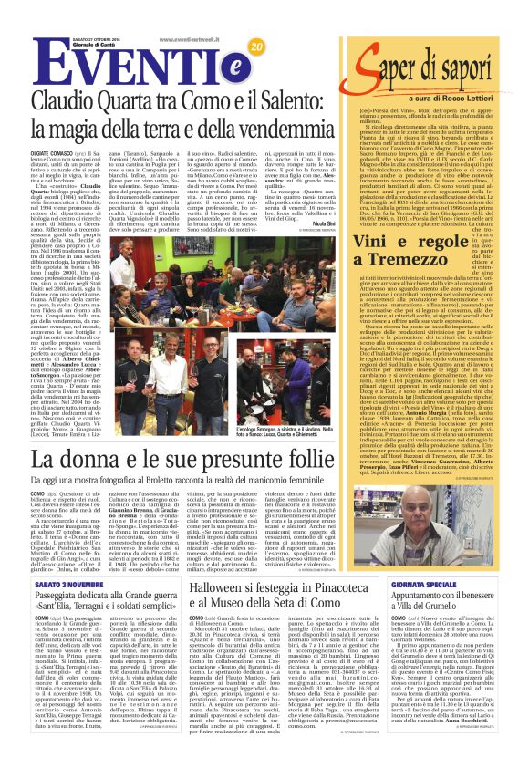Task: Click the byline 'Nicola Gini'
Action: pos(323,221)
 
